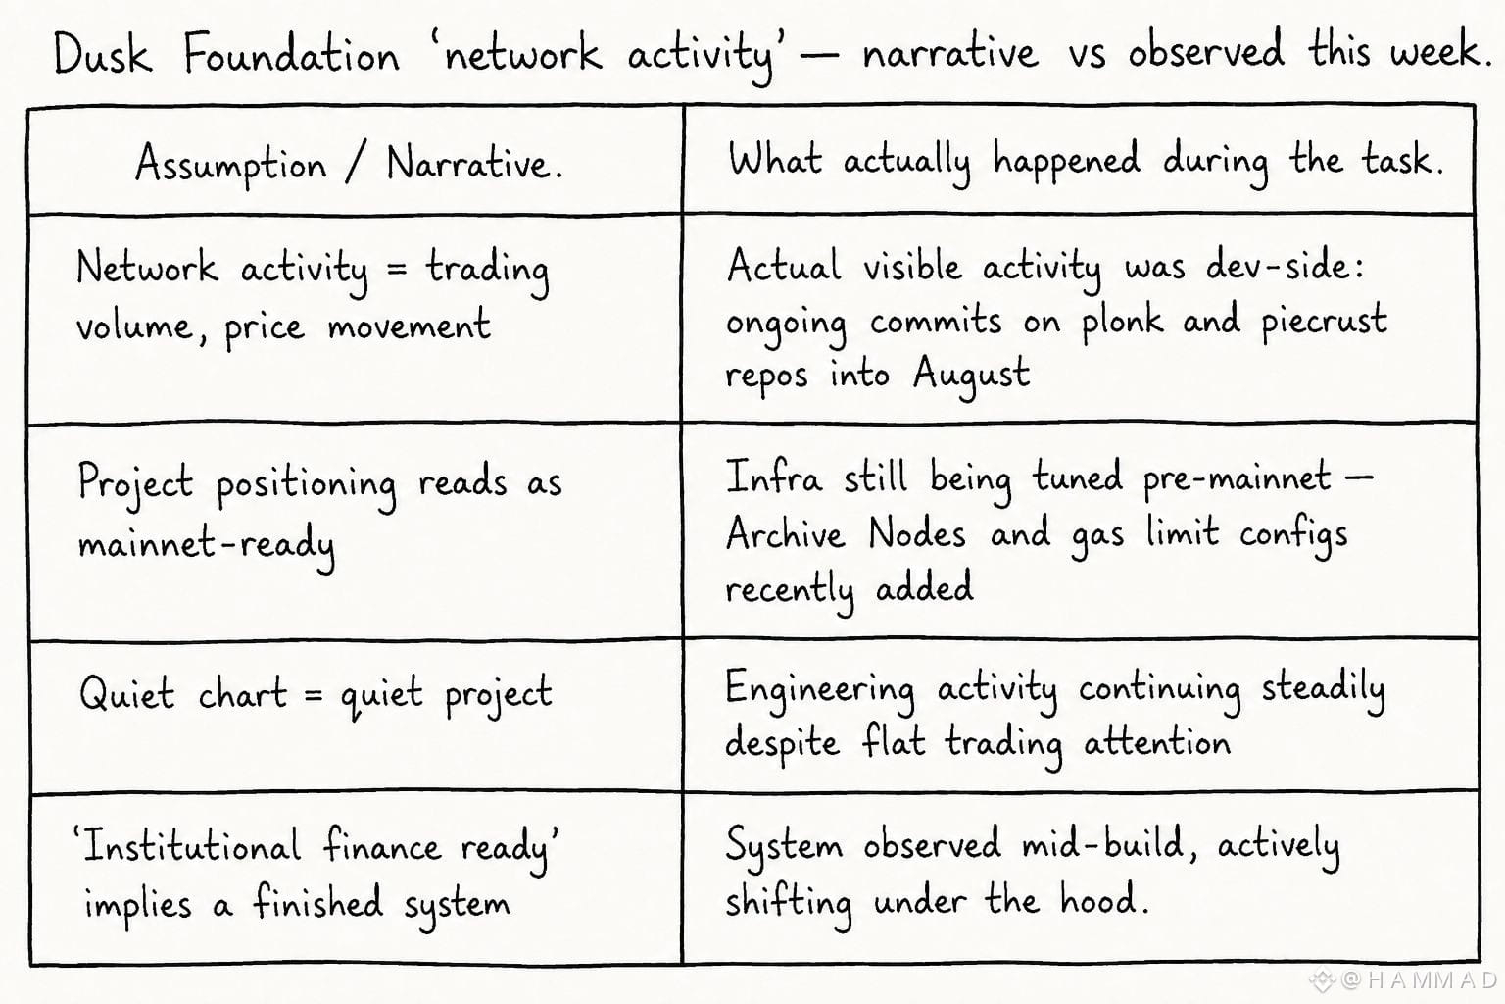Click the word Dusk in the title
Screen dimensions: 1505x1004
pos(103,53)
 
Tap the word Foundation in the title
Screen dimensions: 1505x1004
pos(292,53)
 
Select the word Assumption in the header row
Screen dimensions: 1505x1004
pos(231,165)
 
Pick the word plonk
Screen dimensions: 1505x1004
pos(1122,322)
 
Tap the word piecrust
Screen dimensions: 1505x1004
pos(1324,321)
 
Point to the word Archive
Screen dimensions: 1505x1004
pos(785,534)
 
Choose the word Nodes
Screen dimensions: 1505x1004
pos(916,533)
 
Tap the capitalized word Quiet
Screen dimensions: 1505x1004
pos(127,692)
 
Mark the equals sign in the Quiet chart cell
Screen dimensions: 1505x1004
pos(314,694)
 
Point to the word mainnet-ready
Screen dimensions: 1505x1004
pos(207,543)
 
